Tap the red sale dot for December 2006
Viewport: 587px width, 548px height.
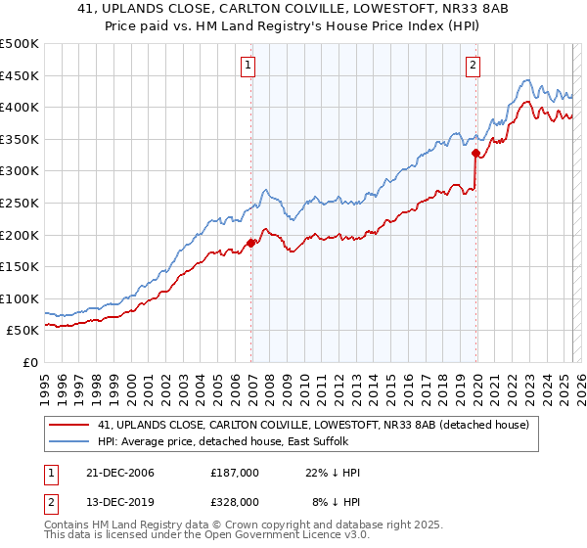(251, 243)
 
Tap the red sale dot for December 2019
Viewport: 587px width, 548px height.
(475, 153)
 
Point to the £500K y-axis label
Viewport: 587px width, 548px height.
(20, 44)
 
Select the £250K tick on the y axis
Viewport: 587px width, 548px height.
(20, 203)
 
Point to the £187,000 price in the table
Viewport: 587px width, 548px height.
(234, 473)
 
